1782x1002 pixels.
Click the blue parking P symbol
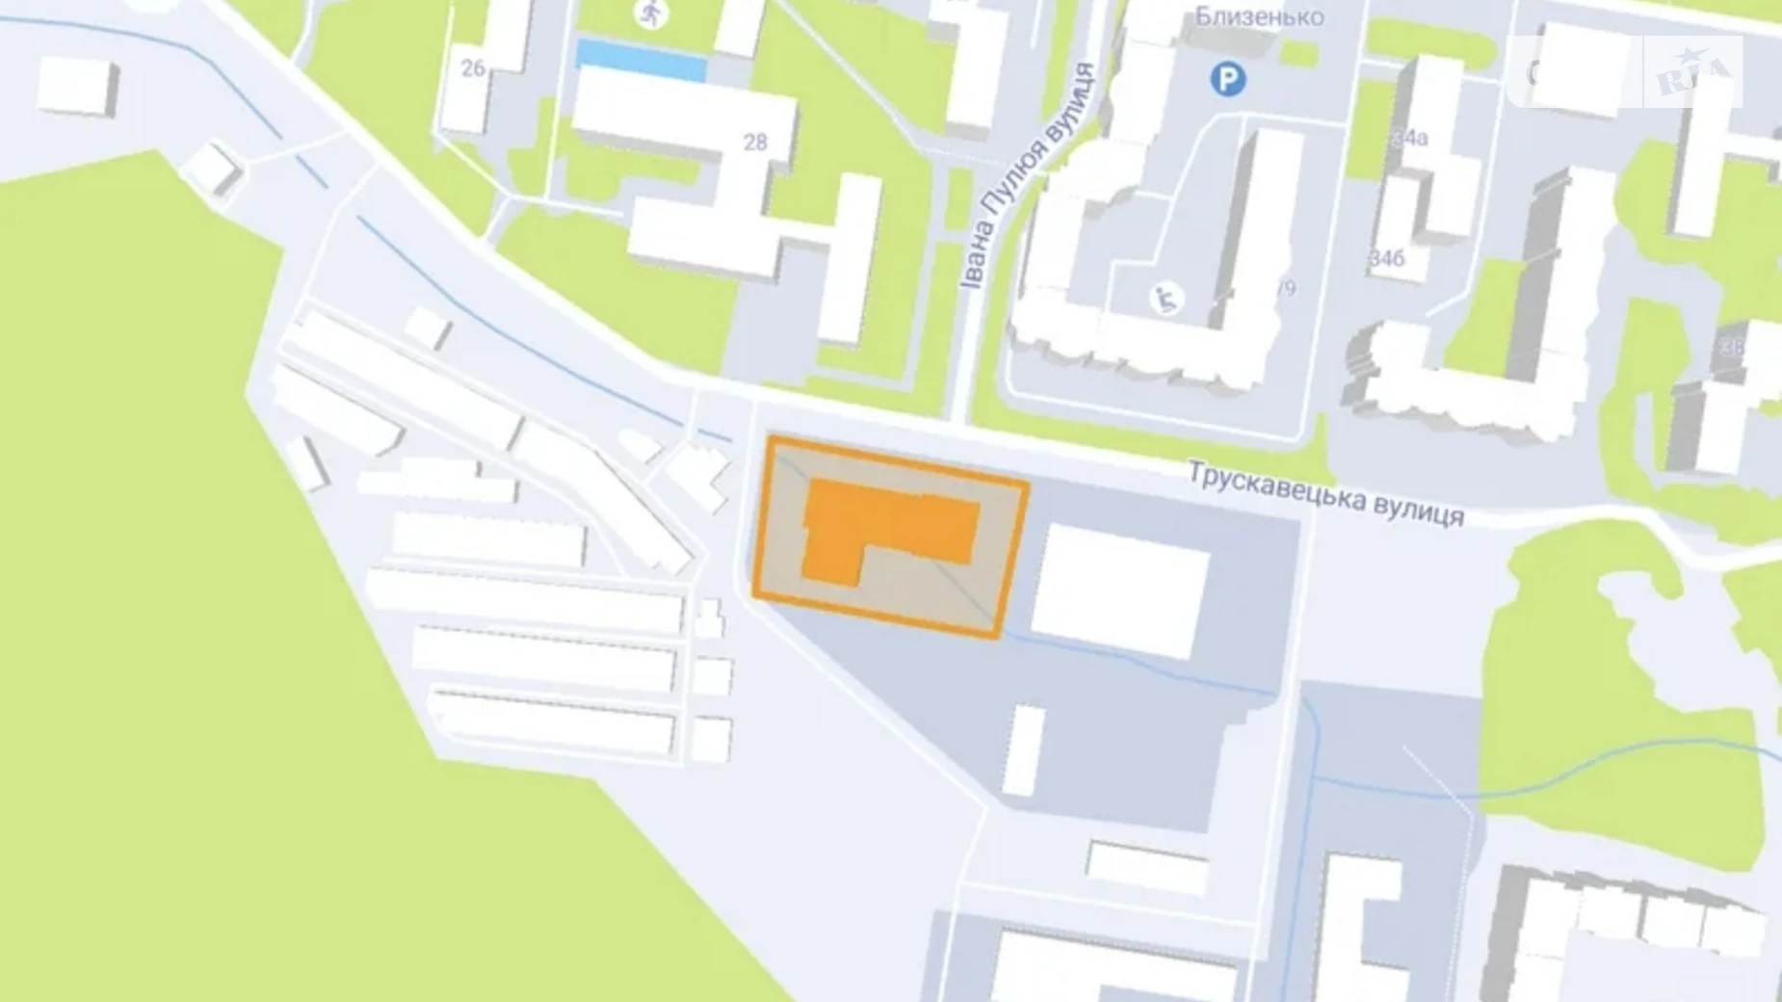pyautogui.click(x=1227, y=79)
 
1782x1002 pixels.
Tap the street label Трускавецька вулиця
pyautogui.click(x=1326, y=493)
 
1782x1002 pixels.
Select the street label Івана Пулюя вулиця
pyautogui.click(x=1028, y=176)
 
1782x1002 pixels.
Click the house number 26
pyautogui.click(x=473, y=67)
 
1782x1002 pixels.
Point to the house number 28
pyautogui.click(x=755, y=143)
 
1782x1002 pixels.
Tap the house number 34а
pyautogui.click(x=1410, y=138)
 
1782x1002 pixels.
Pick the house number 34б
pyautogui.click(x=1387, y=259)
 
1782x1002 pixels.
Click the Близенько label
pyautogui.click(x=1260, y=16)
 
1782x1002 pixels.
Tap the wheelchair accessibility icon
pyautogui.click(x=1166, y=300)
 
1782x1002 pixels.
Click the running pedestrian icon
pyautogui.click(x=652, y=13)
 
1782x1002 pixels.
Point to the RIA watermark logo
pyautogui.click(x=1692, y=73)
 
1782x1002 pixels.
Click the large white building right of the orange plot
pyautogui.click(x=1120, y=591)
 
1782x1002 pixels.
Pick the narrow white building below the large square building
pyautogui.click(x=1024, y=751)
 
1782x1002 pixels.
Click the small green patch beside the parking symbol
pyautogui.click(x=1300, y=53)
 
